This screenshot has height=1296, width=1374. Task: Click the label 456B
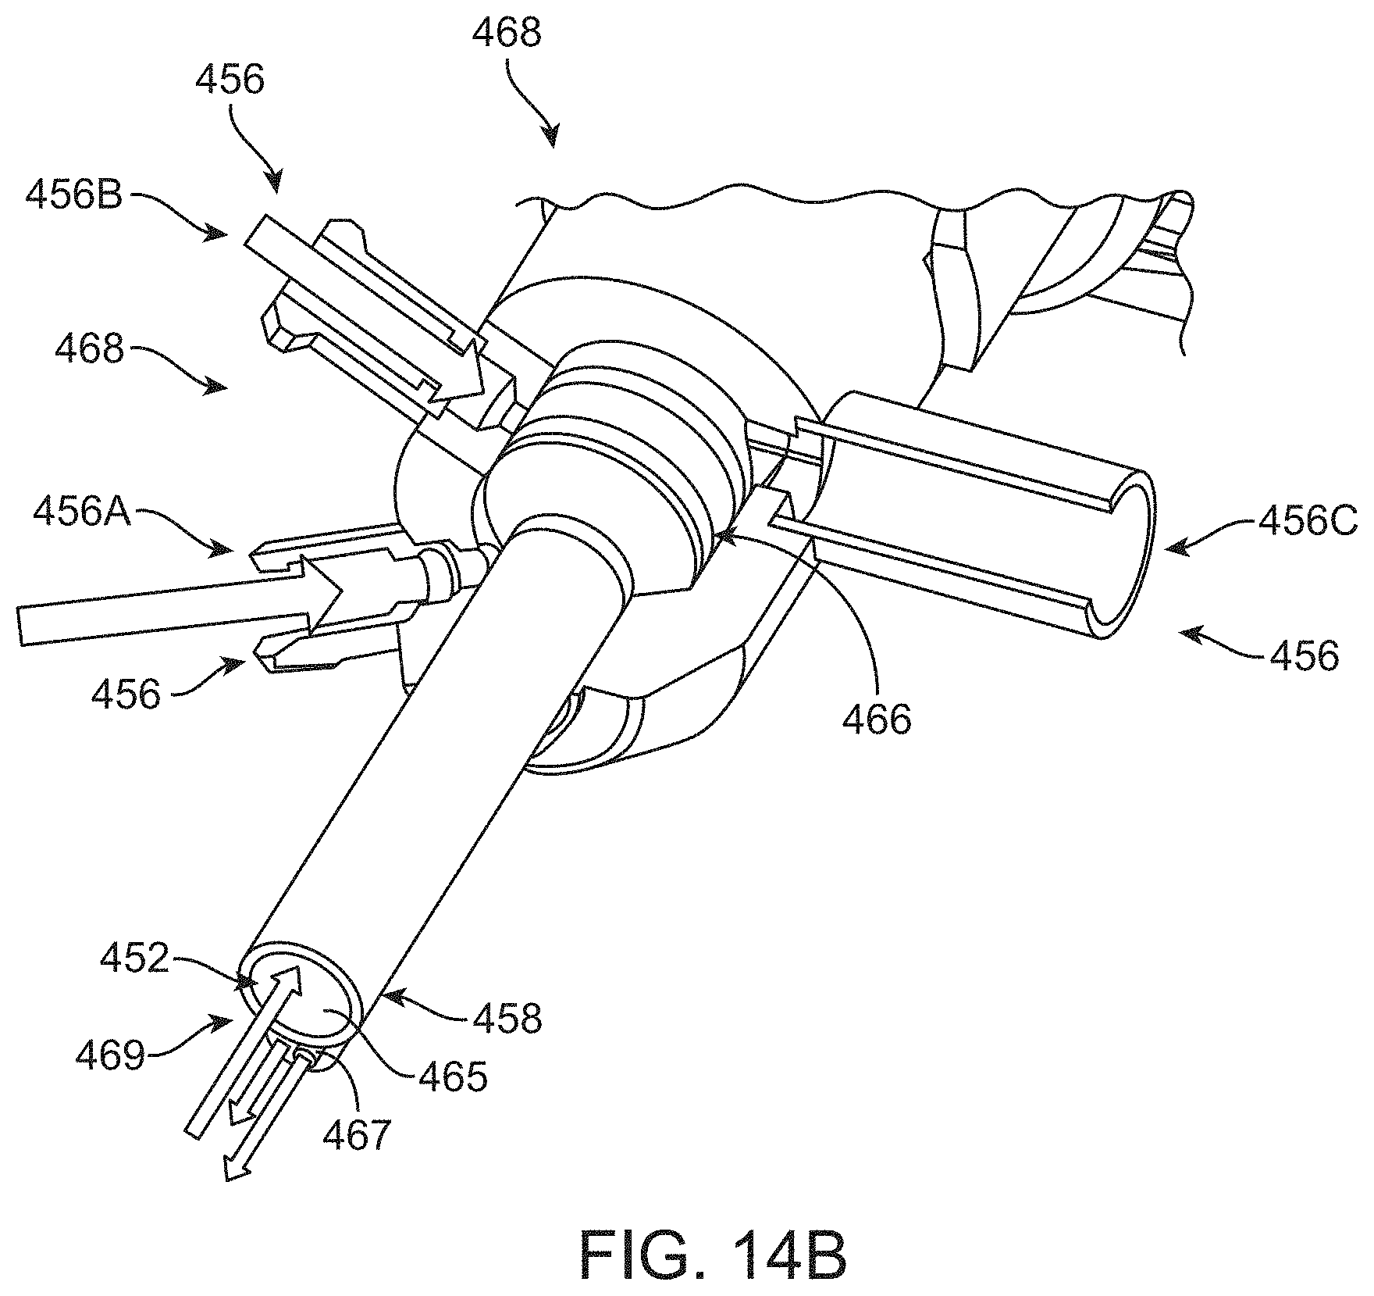[x=74, y=194]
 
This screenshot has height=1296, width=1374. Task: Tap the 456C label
[x=1308, y=523]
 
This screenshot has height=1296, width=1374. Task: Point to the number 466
[x=876, y=719]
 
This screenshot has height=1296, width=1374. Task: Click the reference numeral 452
[x=134, y=959]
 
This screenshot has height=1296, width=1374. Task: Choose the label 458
[x=507, y=1018]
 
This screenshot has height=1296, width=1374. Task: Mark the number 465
[x=452, y=1076]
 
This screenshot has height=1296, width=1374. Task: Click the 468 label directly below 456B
[x=90, y=348]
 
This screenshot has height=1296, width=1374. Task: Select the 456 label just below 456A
[x=126, y=693]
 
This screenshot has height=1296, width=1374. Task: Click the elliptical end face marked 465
[x=301, y=1002]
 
